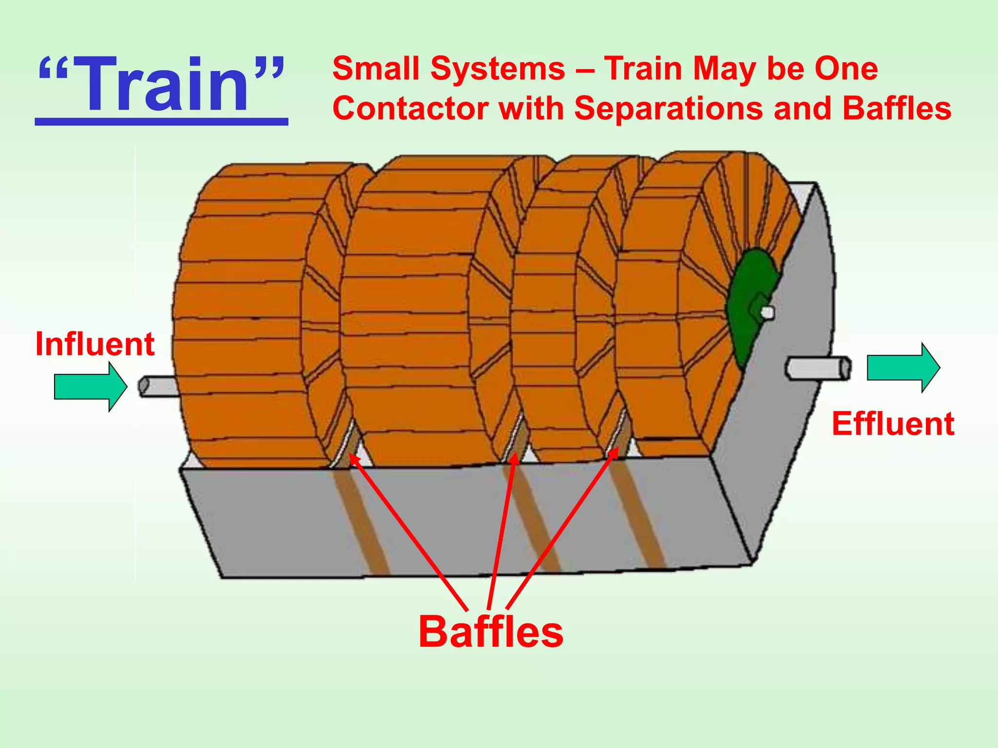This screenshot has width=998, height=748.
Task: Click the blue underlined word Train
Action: tap(161, 85)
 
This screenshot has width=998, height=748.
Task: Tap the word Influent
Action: tap(95, 344)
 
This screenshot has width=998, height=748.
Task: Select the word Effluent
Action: tap(893, 423)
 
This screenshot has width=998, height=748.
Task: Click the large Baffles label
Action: tap(491, 632)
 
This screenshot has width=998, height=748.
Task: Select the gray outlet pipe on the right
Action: tap(818, 368)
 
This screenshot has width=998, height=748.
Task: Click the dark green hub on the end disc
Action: tap(748, 302)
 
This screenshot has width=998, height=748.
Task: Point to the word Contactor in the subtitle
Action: tap(410, 108)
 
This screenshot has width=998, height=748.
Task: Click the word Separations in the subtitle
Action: tap(669, 108)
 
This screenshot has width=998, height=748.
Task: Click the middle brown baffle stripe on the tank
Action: tap(536, 521)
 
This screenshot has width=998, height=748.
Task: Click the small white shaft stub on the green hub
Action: tap(768, 312)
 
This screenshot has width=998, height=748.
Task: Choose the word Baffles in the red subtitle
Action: tap(897, 108)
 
